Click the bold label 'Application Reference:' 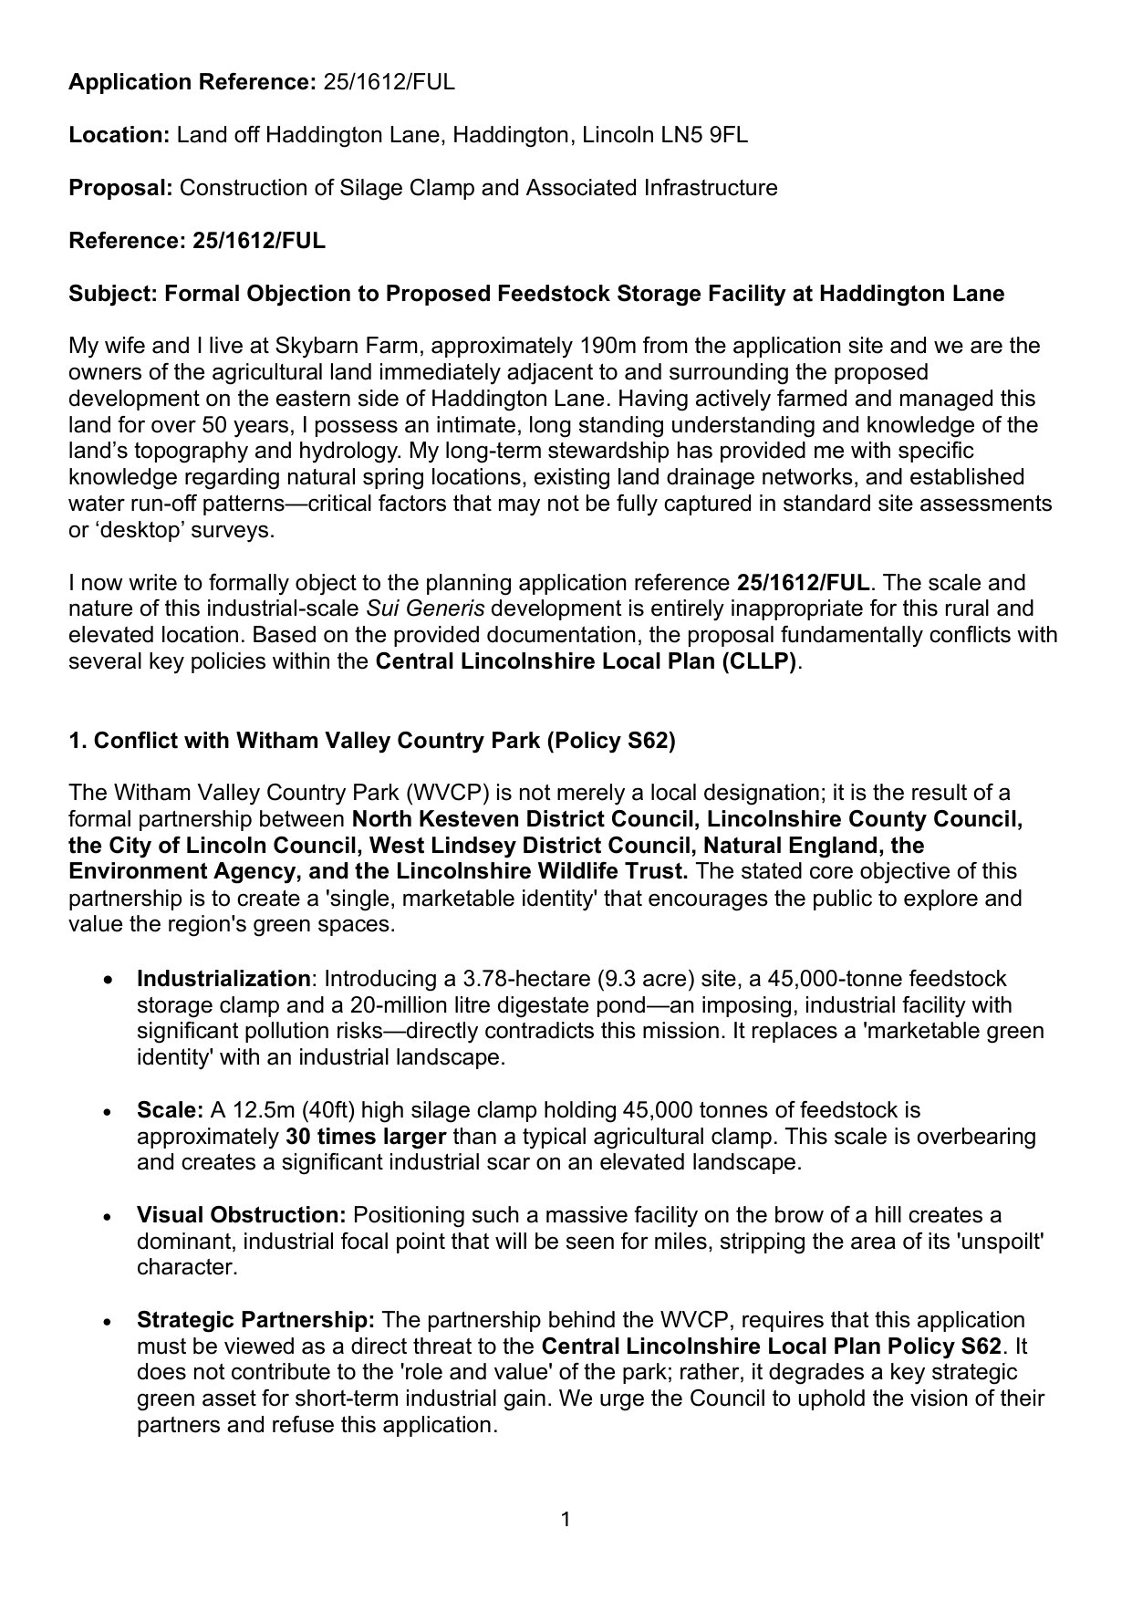pos(192,83)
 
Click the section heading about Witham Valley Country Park pos(372,741)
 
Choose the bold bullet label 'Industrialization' pos(223,980)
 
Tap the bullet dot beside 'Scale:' pos(109,1112)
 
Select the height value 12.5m pos(258,1111)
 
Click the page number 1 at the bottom pos(566,1520)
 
